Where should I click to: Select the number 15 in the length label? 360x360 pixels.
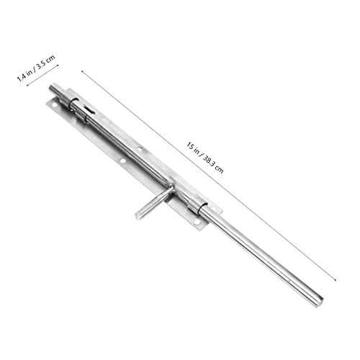tap(190, 145)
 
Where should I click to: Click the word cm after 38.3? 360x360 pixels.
tap(220, 169)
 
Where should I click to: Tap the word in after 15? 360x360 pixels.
tap(197, 150)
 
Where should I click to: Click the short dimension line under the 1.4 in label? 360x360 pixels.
tap(42, 75)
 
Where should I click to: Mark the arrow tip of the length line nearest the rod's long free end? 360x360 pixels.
tap(336, 280)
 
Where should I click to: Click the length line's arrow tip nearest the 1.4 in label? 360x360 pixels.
tap(81, 71)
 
